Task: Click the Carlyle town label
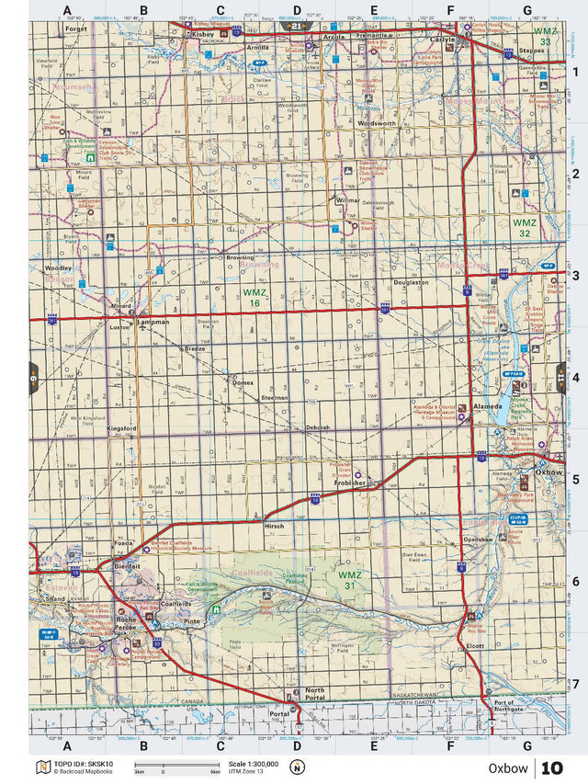[x=442, y=40]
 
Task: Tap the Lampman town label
[x=152, y=323]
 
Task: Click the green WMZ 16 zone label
[x=254, y=297]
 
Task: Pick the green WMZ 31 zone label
[x=350, y=580]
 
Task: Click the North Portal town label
[x=315, y=695]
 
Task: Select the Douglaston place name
[x=411, y=283]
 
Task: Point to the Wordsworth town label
[x=378, y=122]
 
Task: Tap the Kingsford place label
[x=121, y=428]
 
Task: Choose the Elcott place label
[x=474, y=646]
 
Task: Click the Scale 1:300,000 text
[x=249, y=765]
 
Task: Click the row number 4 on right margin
[x=573, y=377]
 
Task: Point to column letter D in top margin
[x=296, y=11]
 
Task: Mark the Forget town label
[x=76, y=28]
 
